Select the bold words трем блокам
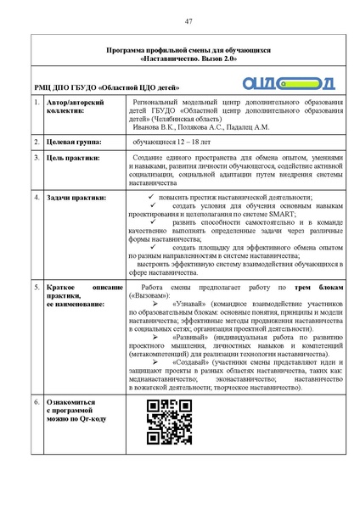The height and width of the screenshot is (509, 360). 318,289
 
